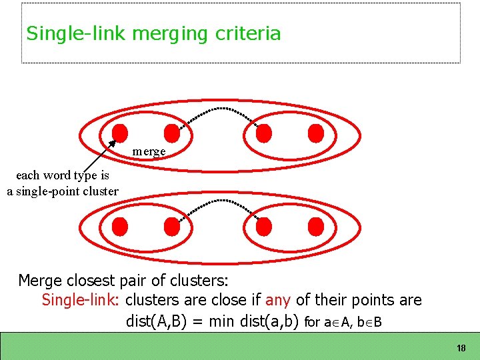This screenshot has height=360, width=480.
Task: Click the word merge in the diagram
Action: pyautogui.click(x=149, y=151)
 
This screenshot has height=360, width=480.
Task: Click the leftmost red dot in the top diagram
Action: pyautogui.click(x=120, y=133)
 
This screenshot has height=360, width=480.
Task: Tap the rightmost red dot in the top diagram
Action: pyautogui.click(x=316, y=133)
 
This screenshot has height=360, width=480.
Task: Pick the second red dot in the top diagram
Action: pyautogui.click(x=172, y=133)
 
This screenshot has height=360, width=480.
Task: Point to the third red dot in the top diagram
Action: pyautogui.click(x=264, y=133)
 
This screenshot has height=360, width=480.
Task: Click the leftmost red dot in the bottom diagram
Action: pyautogui.click(x=120, y=227)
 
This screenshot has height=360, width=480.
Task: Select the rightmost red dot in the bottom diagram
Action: pyautogui.click(x=316, y=227)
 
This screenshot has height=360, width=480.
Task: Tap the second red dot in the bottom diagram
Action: pyautogui.click(x=172, y=227)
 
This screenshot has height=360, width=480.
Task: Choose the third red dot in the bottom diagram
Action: pyautogui.click(x=264, y=227)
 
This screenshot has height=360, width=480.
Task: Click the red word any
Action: pyautogui.click(x=277, y=301)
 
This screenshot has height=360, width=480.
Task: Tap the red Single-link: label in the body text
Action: pyautogui.click(x=80, y=301)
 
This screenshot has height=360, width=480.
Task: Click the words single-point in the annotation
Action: pyautogui.click(x=53, y=191)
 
